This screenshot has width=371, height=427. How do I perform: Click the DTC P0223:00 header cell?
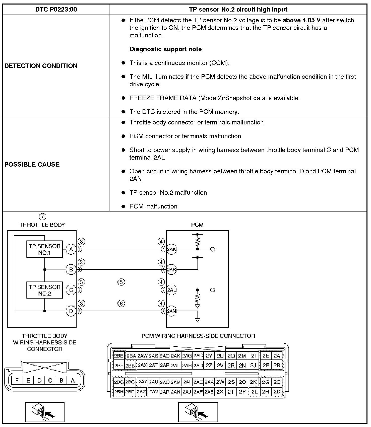[x=56, y=10]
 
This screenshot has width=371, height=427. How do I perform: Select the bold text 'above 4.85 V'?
[x=301, y=20]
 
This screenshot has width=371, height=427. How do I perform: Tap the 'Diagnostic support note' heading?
[x=165, y=49]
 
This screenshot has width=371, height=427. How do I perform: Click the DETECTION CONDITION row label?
[x=41, y=66]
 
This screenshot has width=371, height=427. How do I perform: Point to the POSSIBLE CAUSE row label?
[x=32, y=164]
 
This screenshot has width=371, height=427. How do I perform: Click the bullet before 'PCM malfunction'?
[x=123, y=206]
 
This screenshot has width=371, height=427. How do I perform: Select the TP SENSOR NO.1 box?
[x=44, y=249]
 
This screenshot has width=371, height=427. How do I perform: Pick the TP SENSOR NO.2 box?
[x=44, y=290]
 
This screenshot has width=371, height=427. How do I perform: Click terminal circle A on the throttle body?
[x=71, y=249]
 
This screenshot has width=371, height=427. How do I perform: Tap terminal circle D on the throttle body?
[x=71, y=311]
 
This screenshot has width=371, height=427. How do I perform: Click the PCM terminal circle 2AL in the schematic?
[x=171, y=290]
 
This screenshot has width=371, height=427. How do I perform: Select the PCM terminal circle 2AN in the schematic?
[x=171, y=311]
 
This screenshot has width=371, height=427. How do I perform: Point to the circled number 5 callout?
[x=121, y=282]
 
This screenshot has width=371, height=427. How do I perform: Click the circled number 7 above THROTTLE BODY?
[x=42, y=217]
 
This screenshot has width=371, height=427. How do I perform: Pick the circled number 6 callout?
[x=121, y=304]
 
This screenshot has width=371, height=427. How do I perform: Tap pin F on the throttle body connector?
[x=17, y=381]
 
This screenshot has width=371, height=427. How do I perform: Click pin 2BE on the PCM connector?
[x=119, y=356]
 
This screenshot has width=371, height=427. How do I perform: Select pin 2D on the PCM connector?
[x=277, y=392]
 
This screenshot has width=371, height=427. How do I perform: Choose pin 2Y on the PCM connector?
[x=209, y=356]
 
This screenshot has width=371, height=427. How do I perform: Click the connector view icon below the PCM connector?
[x=198, y=412]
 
